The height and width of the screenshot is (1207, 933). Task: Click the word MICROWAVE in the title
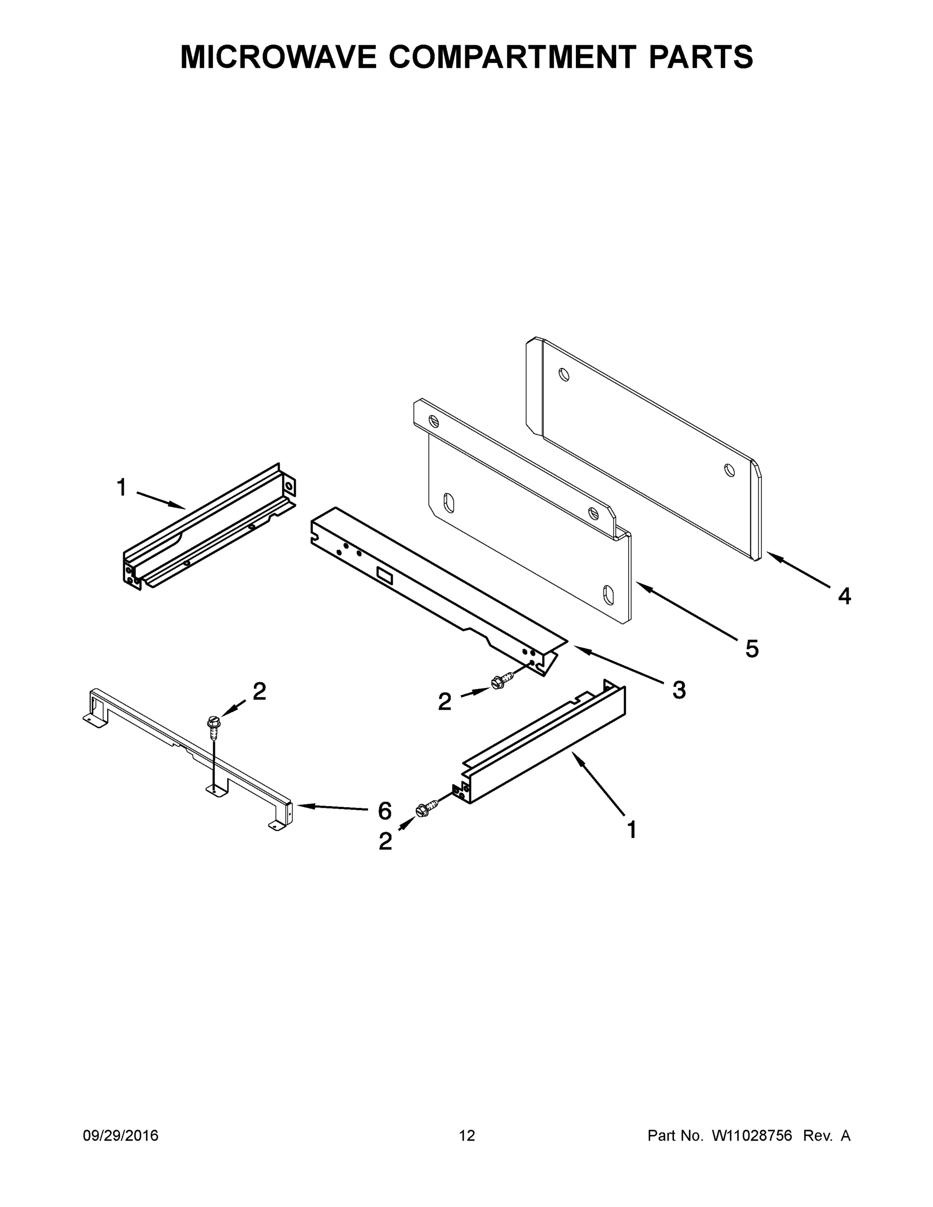278,57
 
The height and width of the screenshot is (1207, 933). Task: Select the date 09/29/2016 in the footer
121,1135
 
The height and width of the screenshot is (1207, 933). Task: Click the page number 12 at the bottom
467,1135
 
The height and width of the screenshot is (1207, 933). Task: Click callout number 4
844,596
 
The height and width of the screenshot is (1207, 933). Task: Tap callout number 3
678,689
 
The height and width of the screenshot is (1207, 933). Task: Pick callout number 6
385,811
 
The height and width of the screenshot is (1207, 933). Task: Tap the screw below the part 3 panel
498,683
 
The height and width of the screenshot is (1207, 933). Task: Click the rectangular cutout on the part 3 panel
384,575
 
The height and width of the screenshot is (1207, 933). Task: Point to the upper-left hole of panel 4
563,375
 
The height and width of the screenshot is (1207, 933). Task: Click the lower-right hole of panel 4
729,470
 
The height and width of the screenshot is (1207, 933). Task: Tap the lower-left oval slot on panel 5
449,503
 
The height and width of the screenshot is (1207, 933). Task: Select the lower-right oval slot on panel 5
608,594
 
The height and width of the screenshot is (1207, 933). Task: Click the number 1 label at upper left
122,487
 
